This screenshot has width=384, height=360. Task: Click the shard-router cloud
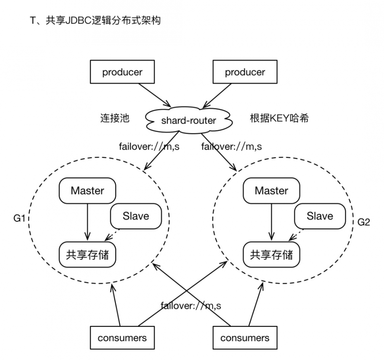[x=189, y=120]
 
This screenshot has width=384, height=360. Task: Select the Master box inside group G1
[x=88, y=191]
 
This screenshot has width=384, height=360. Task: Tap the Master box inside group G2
[x=271, y=191]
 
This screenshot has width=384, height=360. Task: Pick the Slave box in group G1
[x=136, y=216]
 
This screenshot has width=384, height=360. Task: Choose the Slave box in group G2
[x=319, y=216]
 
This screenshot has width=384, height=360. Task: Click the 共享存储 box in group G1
[x=88, y=254]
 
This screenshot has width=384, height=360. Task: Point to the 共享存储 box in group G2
[x=271, y=254]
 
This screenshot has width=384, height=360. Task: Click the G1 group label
[x=19, y=219]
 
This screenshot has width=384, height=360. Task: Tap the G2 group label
[x=363, y=222]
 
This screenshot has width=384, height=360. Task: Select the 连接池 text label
[x=115, y=118]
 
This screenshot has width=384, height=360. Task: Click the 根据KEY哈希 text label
[x=279, y=118]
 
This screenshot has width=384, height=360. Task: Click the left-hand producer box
[x=122, y=72]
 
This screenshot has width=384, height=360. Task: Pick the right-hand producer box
[x=245, y=72]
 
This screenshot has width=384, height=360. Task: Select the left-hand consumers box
[x=122, y=338]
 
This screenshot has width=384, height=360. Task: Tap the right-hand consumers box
[x=245, y=338]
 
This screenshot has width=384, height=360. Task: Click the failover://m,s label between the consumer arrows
[x=191, y=306]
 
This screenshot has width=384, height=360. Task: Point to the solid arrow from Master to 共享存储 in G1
[x=88, y=221]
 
